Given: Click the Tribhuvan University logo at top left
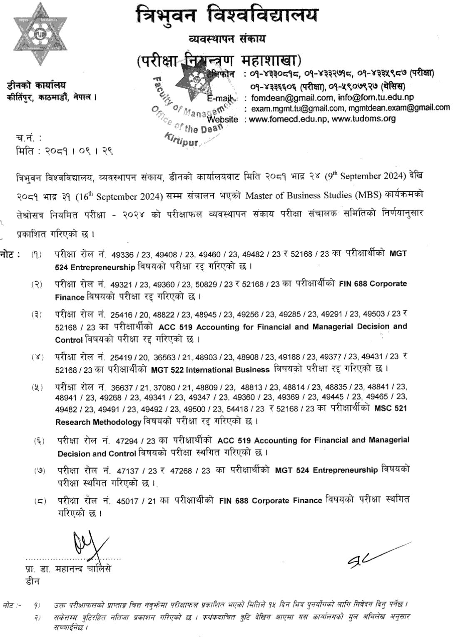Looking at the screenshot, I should pos(40,34).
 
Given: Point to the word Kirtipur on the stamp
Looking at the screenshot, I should pos(181,139).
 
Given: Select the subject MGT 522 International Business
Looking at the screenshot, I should pos(210,370).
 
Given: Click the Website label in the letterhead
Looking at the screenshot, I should pos(222,119).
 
